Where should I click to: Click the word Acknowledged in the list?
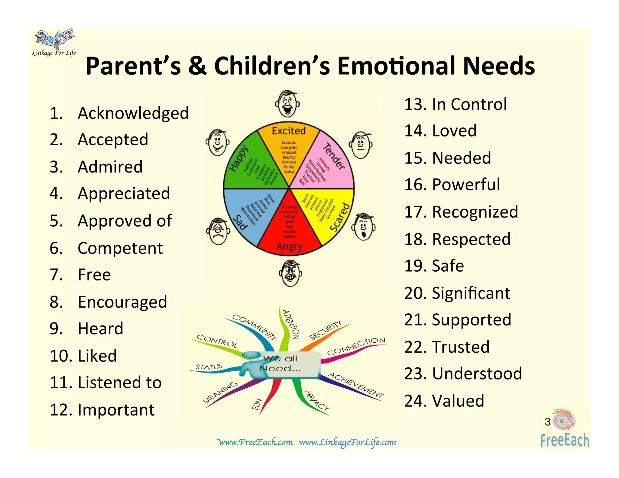(x=133, y=114)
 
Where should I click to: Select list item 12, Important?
(x=116, y=410)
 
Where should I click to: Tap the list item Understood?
(x=477, y=374)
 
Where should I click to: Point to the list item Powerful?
(x=466, y=185)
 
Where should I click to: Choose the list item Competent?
(x=120, y=248)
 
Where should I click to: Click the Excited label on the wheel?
(x=289, y=131)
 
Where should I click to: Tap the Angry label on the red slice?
(x=290, y=246)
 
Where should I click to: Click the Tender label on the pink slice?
(x=334, y=157)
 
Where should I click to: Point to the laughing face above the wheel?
(x=287, y=103)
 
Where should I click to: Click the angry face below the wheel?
(x=290, y=273)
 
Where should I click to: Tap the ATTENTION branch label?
(x=291, y=325)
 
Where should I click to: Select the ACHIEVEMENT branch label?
(x=356, y=385)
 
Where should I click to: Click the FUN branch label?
(x=257, y=404)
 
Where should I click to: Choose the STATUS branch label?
(x=209, y=367)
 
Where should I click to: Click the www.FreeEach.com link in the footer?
(x=255, y=442)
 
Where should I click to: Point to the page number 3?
(x=547, y=422)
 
